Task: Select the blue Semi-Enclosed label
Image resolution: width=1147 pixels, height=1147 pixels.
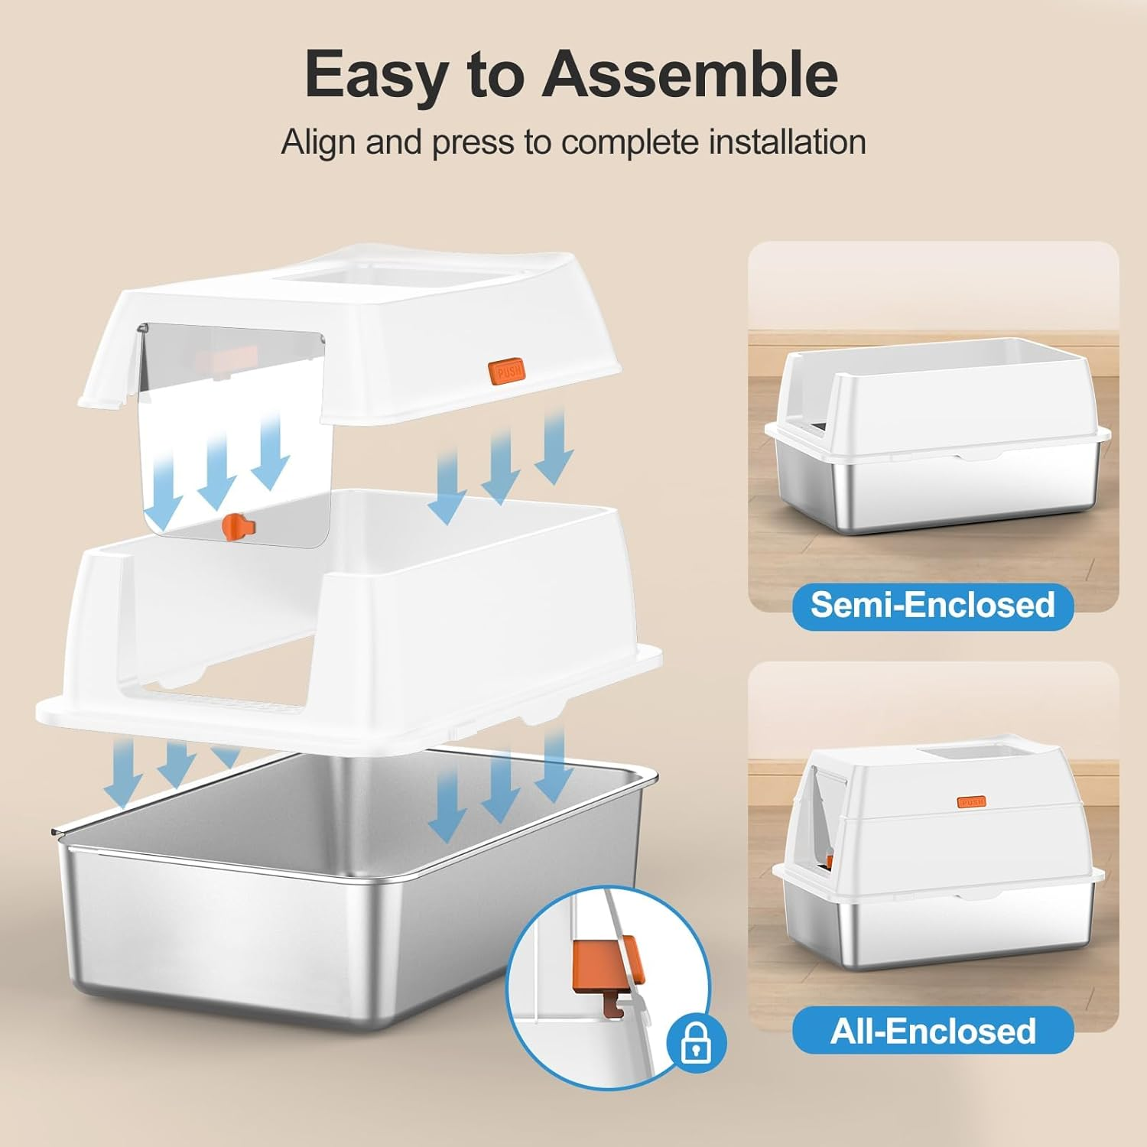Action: click(933, 604)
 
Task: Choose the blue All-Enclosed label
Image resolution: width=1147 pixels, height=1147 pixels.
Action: click(933, 1031)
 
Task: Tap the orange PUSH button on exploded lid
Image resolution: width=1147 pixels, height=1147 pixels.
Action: click(509, 370)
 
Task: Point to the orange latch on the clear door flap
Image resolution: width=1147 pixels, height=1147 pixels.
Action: click(239, 525)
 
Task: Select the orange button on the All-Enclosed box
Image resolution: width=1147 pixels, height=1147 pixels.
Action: click(971, 801)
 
